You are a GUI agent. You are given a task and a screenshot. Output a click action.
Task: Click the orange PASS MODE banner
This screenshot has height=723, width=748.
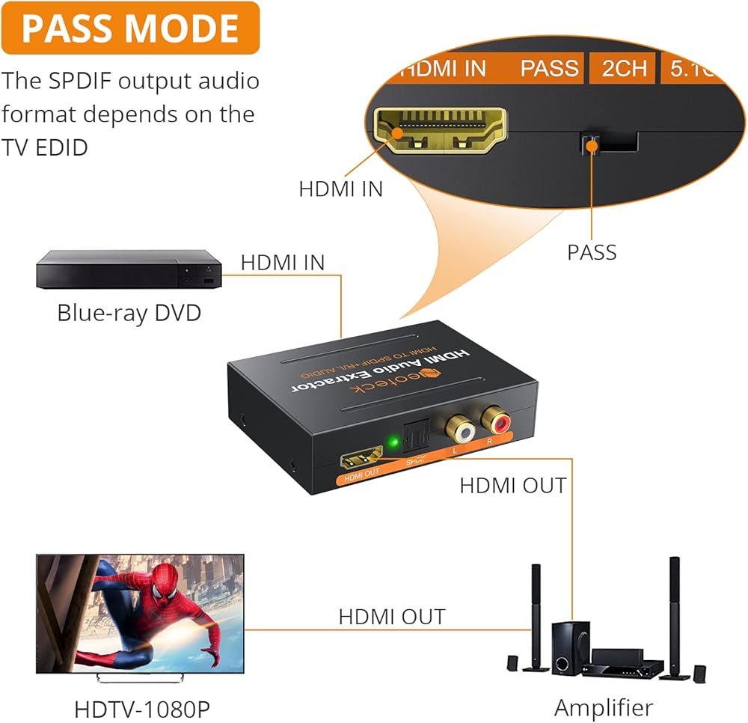(x=130, y=28)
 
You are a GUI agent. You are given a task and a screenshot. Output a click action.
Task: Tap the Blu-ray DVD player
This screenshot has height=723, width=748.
(x=129, y=270)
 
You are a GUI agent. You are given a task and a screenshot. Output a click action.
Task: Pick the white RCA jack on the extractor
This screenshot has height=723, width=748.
(x=458, y=428)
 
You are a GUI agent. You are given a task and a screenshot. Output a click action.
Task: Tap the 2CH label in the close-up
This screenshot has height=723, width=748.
(x=624, y=68)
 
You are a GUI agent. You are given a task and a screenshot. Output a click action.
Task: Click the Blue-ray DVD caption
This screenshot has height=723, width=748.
(x=129, y=312)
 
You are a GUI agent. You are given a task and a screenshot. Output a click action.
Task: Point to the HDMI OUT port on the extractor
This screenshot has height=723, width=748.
(x=361, y=458)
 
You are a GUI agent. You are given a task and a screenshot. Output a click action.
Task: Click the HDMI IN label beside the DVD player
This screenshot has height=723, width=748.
(x=283, y=263)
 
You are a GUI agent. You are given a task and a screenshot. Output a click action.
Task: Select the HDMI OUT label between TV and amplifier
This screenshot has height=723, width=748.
(x=391, y=617)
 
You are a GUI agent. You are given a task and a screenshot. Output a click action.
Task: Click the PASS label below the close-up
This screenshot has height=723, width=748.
(x=592, y=252)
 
